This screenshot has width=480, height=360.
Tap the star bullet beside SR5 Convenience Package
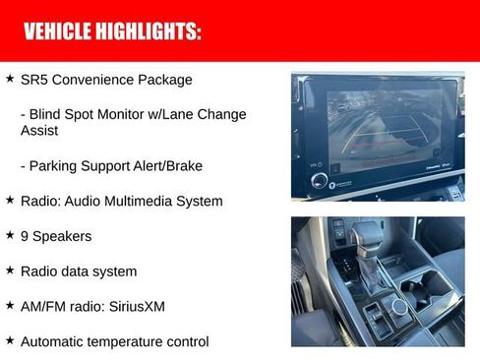(x=10, y=78)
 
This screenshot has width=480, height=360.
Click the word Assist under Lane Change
(x=39, y=130)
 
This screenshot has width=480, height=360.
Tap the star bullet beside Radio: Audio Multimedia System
(x=10, y=200)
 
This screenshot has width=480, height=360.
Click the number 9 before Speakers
(x=25, y=236)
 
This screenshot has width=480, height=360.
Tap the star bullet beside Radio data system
(x=10, y=270)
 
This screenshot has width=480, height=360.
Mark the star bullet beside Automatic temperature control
(x=10, y=340)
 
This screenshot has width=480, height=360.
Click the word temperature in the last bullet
(x=124, y=342)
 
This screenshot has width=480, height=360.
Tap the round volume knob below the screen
(x=320, y=181)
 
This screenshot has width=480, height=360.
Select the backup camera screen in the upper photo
(x=378, y=123)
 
